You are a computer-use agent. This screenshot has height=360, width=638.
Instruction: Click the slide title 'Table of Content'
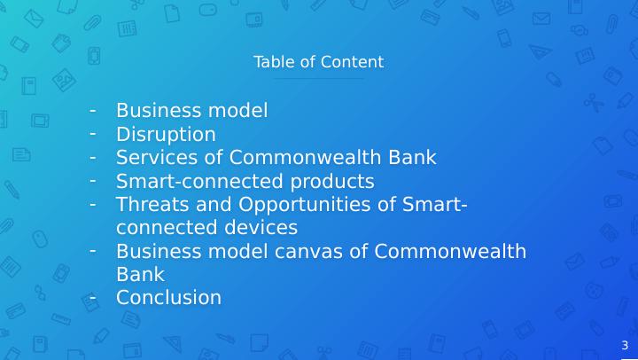click(x=318, y=62)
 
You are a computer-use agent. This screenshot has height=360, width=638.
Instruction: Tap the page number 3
click(x=625, y=346)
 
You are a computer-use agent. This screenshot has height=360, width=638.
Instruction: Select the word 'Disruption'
click(x=166, y=135)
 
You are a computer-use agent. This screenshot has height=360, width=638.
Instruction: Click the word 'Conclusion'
click(x=168, y=298)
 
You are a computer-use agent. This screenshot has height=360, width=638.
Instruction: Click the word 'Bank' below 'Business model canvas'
click(x=140, y=275)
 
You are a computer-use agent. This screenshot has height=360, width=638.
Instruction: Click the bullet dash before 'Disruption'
click(x=92, y=133)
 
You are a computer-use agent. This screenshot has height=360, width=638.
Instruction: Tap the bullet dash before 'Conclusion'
click(x=92, y=296)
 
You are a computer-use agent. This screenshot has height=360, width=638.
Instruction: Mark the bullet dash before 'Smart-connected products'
click(x=92, y=180)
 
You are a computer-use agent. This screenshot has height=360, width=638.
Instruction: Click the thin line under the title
click(x=318, y=79)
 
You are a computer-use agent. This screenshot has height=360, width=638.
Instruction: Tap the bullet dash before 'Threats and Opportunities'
click(x=92, y=203)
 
